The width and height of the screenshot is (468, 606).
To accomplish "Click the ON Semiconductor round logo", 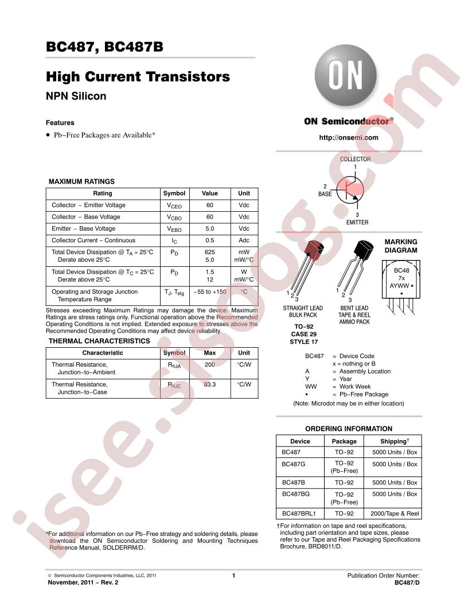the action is pos(346,76).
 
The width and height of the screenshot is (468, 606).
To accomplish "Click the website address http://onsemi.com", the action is pos(349,138).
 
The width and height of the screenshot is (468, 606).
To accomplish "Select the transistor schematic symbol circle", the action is pos(350,190).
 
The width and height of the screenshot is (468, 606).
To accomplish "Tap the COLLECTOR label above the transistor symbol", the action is pos(355,159).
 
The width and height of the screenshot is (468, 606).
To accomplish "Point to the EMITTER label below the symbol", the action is pos(357,222).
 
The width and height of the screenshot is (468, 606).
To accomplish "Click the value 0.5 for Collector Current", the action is pos(210,240).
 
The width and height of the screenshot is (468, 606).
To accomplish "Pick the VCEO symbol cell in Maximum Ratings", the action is pos(174,205).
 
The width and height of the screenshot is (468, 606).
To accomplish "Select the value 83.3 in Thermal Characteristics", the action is pos(210,384).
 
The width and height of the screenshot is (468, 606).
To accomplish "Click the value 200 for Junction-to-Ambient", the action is pos(210,364).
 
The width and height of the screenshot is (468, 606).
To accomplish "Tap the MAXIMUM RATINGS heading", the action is pos(81,182).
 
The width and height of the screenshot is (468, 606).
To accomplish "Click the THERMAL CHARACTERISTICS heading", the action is pos(99,341).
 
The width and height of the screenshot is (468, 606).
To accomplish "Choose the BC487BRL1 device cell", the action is pos(299,514).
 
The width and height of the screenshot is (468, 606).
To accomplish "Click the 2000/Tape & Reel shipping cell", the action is pos(395,514).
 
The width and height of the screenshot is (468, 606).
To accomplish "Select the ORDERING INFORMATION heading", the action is pos(349,429).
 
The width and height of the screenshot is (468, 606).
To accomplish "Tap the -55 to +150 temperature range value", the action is pos(210,292).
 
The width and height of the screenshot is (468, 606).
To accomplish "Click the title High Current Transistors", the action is pos(138,76).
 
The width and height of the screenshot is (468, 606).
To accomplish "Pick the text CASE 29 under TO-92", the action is pos(304,334).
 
